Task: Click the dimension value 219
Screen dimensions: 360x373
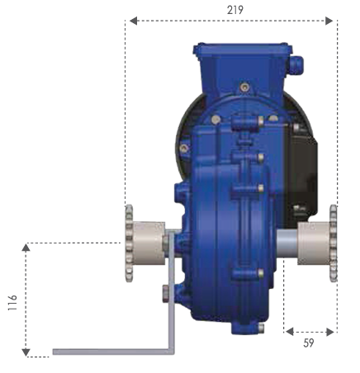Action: (x=235, y=10)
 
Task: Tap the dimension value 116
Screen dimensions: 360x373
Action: (x=12, y=303)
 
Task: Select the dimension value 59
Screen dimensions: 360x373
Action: (x=309, y=343)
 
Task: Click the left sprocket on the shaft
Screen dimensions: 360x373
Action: (x=129, y=243)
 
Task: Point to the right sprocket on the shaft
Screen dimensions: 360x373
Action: (x=334, y=243)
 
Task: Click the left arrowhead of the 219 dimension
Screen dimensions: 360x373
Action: (x=133, y=21)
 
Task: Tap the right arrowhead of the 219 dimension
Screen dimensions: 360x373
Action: (x=329, y=21)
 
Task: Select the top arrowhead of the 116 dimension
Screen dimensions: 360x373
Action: (x=26, y=248)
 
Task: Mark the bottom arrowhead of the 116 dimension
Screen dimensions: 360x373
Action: (x=26, y=352)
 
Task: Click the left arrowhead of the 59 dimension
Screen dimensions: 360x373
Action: (x=290, y=332)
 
